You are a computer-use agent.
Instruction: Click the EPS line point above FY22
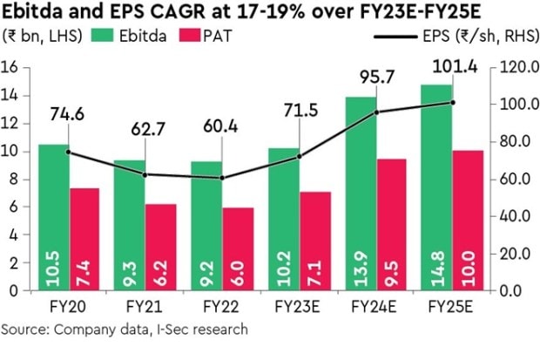(x=223, y=178)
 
